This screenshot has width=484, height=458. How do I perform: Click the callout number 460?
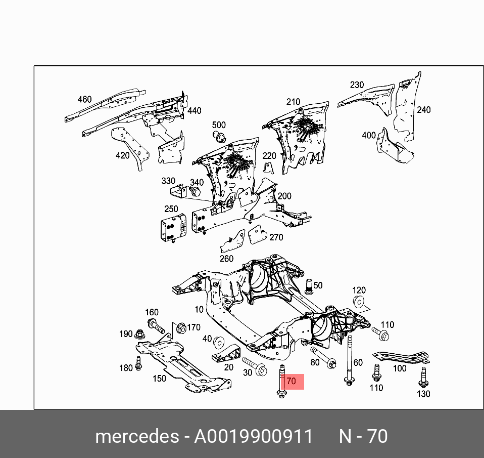(x=84, y=99)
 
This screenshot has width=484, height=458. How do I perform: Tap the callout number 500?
(x=219, y=125)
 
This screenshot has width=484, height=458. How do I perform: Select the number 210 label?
(x=293, y=102)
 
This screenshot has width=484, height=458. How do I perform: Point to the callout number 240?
(x=423, y=109)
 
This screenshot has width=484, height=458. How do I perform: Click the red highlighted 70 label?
(x=292, y=382)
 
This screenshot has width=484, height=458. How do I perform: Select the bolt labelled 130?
(x=423, y=377)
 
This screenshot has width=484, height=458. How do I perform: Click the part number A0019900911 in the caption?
(x=254, y=436)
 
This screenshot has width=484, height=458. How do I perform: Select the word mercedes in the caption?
(x=136, y=436)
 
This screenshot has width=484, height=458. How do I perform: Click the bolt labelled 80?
(x=322, y=357)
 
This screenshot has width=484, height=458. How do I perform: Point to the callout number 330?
(x=168, y=181)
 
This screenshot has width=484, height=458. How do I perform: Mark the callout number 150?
(x=159, y=378)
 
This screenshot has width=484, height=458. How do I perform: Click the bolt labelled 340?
(x=196, y=192)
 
